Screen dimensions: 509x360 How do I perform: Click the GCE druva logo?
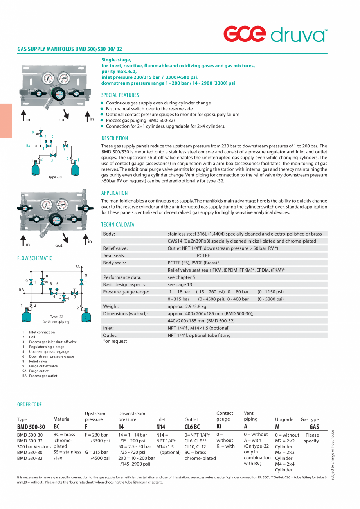coord(275,34)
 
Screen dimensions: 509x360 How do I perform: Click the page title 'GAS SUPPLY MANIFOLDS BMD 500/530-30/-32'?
coord(70,49)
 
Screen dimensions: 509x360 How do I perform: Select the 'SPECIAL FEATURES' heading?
coord(120,95)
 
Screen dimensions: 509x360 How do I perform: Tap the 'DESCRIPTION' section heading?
coord(115,138)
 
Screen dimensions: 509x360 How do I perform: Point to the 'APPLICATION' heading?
coord(114,193)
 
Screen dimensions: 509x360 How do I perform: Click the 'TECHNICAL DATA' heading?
coord(117,225)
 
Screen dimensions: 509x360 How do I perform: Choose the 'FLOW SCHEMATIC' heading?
coord(34,258)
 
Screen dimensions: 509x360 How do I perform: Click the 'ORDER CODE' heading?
coord(29,405)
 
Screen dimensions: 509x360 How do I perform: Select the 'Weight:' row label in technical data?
coord(111,306)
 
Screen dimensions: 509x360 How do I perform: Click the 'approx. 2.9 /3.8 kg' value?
coord(187,306)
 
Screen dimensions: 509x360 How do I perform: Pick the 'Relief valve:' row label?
coord(115,248)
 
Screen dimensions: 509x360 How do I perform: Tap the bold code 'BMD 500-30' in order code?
coord(31,427)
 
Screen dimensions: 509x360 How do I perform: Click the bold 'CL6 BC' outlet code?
coord(192,427)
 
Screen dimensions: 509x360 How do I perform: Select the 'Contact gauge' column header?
coord(225,416)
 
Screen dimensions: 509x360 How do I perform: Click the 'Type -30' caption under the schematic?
coord(55,177)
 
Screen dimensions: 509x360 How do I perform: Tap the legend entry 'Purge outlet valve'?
coord(43,366)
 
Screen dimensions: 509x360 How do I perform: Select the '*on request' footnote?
coord(115,341)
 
